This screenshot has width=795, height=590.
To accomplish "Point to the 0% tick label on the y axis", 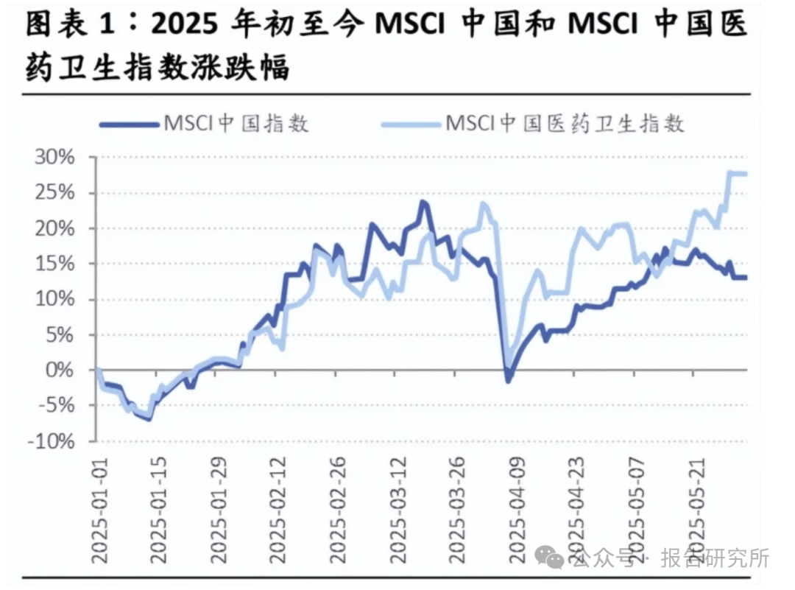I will point(56,370).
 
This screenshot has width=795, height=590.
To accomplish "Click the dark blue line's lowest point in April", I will point(508,380).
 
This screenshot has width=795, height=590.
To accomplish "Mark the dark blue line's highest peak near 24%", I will point(423,202).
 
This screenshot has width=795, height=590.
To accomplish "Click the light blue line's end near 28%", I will point(745,174).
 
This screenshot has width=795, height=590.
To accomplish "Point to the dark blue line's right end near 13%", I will point(745,278).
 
